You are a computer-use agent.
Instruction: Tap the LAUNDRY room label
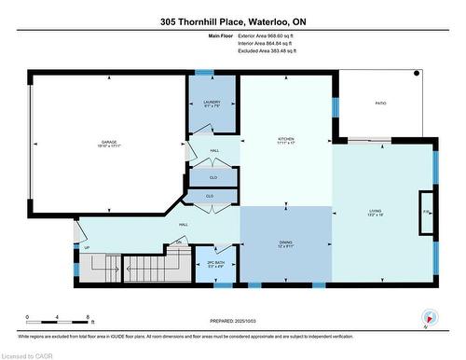point(211,103)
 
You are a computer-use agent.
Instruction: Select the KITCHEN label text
point(285,141)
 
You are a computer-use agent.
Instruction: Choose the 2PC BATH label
point(215,263)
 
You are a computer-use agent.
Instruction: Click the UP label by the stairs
point(88,248)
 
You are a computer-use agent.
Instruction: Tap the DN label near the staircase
point(179,242)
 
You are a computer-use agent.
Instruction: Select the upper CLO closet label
point(213,176)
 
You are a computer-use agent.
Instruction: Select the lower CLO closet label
point(209,196)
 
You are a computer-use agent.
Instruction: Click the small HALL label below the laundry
point(213,150)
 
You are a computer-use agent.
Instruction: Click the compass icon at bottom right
point(428,316)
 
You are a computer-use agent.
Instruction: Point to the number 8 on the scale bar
point(88,317)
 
